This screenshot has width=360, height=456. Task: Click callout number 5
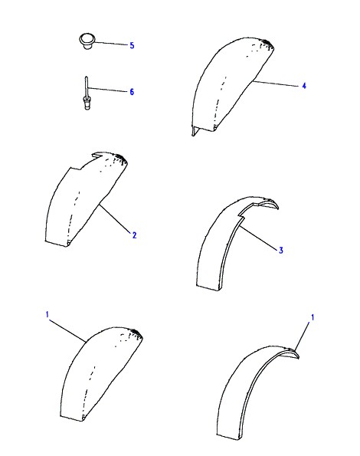tap(132, 45)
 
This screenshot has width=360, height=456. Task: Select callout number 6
tap(132, 92)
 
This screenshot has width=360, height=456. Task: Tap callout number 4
tap(304, 86)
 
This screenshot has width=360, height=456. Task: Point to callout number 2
tap(134, 235)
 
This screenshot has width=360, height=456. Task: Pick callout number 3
tap(280, 250)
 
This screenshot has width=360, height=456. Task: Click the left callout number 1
tap(47, 315)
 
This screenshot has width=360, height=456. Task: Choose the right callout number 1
tap(313, 317)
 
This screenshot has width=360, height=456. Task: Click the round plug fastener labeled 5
tap(87, 41)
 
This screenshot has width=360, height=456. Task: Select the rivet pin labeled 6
tap(87, 93)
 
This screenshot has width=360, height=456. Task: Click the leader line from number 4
tap(276, 84)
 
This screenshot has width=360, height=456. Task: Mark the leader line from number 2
tap(115, 218)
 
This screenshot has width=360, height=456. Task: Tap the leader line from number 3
tap(259, 238)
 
